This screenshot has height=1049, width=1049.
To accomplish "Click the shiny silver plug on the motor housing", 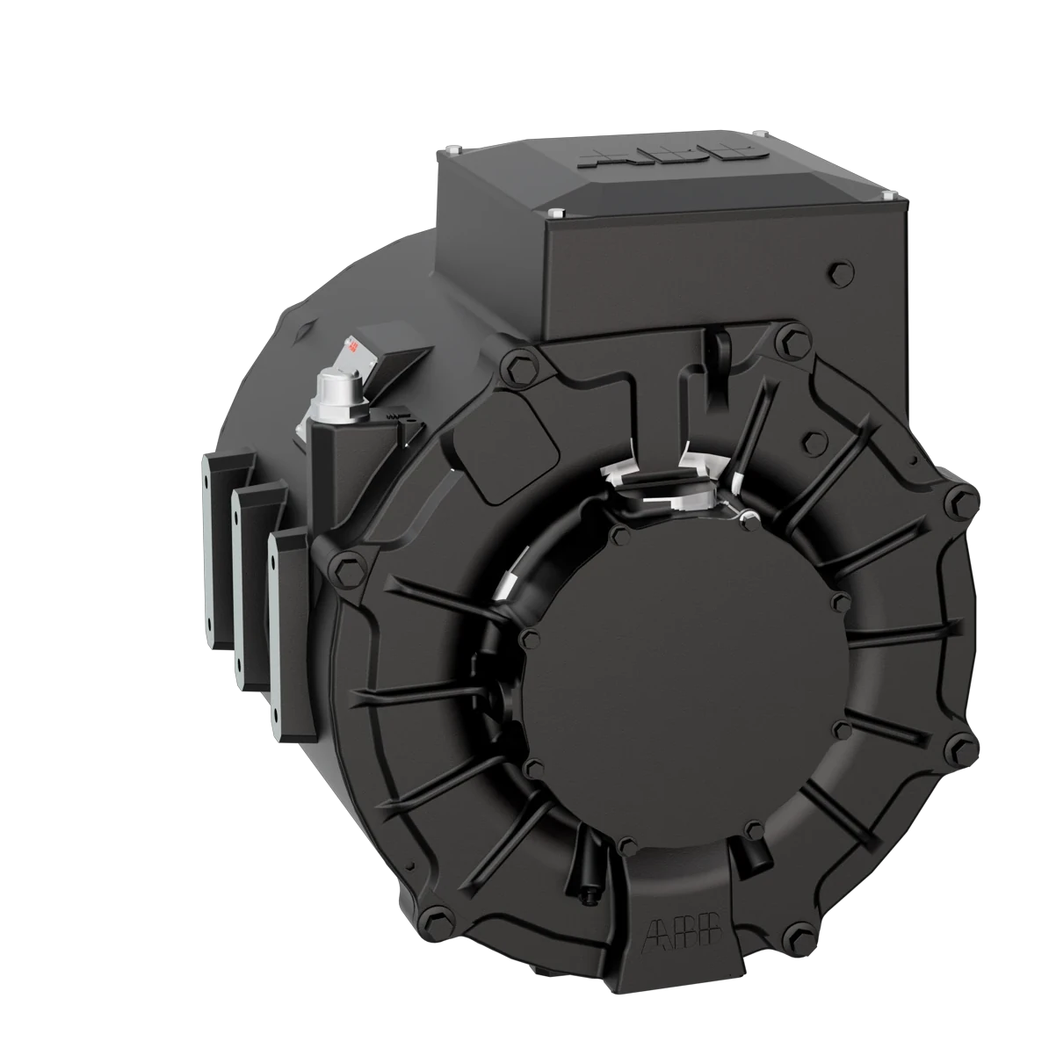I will coord(334,388).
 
